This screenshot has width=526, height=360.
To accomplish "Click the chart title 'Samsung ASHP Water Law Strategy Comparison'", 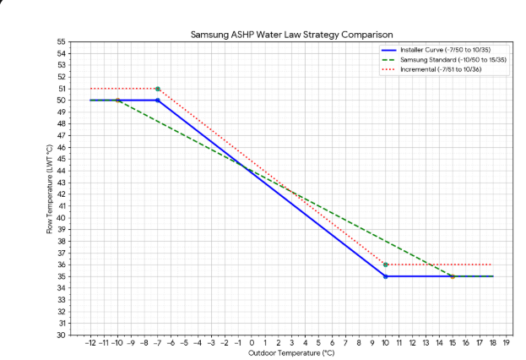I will pyautogui.click(x=291, y=35).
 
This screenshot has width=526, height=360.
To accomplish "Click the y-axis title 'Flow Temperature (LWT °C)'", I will pyautogui.click(x=50, y=188).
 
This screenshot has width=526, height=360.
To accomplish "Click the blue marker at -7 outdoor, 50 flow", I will pyautogui.click(x=158, y=101).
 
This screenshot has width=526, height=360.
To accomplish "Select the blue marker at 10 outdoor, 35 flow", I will pyautogui.click(x=385, y=276).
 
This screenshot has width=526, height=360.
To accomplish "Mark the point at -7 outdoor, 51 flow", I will pyautogui.click(x=158, y=89).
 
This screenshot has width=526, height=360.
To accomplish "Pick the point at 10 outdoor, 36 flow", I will pyautogui.click(x=385, y=265).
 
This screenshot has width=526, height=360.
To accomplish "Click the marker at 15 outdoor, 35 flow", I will pyautogui.click(x=452, y=276).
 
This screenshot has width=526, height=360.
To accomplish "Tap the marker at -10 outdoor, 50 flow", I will pyautogui.click(x=117, y=101).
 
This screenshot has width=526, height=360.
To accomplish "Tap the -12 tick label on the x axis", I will pyautogui.click(x=90, y=342).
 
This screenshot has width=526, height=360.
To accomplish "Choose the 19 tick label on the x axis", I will pyautogui.click(x=505, y=342).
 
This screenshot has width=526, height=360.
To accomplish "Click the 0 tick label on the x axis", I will pyautogui.click(x=252, y=342).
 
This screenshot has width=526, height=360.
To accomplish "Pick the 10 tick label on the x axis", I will pyautogui.click(x=385, y=342).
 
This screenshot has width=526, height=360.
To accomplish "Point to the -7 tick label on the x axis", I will pyautogui.click(x=157, y=342).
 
